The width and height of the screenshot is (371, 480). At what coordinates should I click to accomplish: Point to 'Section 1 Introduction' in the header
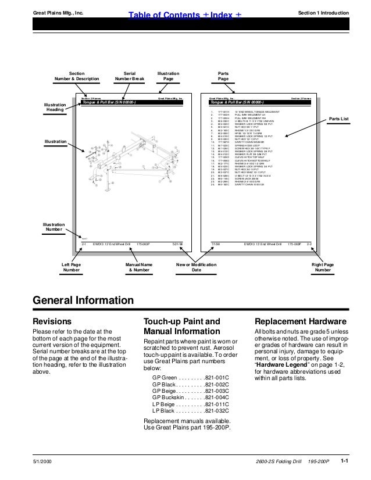tap(322, 11)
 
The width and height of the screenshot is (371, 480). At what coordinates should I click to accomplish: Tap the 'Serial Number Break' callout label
tap(129, 76)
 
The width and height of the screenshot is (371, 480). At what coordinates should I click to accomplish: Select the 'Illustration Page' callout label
tap(169, 76)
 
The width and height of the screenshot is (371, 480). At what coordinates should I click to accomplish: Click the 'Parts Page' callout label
tap(223, 76)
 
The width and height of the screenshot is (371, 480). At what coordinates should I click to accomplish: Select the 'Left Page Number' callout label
tap(72, 268)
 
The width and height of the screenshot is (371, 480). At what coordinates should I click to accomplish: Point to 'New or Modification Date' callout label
tap(197, 268)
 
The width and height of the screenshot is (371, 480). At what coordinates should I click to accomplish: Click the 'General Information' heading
tap(83, 300)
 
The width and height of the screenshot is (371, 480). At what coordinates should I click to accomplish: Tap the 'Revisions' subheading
tap(52, 321)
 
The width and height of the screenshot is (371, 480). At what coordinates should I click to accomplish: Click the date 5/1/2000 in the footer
tap(42, 461)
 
